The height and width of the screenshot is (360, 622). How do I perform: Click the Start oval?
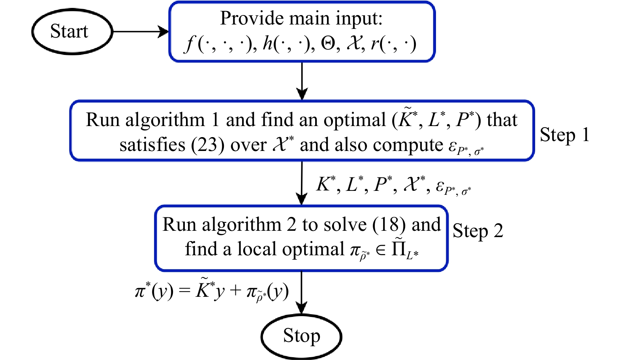tap(72, 32)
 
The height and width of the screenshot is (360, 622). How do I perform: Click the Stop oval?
tap(301, 336)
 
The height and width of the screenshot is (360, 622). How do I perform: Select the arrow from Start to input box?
tap(140, 32)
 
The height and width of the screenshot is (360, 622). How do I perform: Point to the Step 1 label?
tap(564, 135)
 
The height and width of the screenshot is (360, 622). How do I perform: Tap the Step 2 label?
tap(478, 231)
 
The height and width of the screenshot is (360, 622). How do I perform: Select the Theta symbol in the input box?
tap(328, 43)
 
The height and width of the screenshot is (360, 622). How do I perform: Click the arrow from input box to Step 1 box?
tap(302, 81)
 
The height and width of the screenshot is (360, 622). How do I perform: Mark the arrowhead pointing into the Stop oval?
tap(302, 308)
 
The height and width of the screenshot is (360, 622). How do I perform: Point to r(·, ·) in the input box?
tap(393, 43)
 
